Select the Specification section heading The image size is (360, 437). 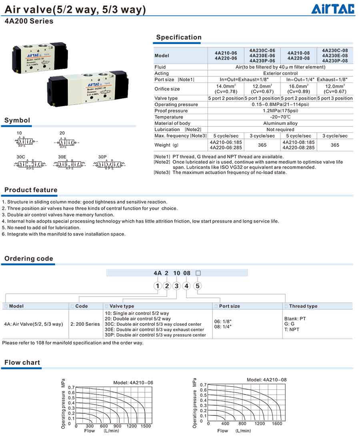pos(179,37)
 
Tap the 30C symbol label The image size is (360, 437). pos(21,157)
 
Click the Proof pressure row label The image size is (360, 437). pos(171,111)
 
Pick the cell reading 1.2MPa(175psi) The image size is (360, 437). pos(280,111)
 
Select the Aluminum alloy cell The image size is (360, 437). pos(280,123)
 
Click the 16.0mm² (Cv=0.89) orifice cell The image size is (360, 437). pos(298,89)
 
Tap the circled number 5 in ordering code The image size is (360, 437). pos(198,286)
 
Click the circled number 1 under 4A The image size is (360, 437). pos(158,286)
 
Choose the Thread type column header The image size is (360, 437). pos(303,306)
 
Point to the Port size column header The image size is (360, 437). pos(229,306)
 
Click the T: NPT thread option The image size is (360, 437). pos(292,329)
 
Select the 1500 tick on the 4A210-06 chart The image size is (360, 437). pos(146,426)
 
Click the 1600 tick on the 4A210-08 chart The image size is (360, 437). pos(277,423)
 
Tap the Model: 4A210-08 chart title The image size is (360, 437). pos(266,380)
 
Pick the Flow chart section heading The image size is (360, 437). pos(22,363)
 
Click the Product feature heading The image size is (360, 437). pos(31,190)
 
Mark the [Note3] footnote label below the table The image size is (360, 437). pos(162,172)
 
